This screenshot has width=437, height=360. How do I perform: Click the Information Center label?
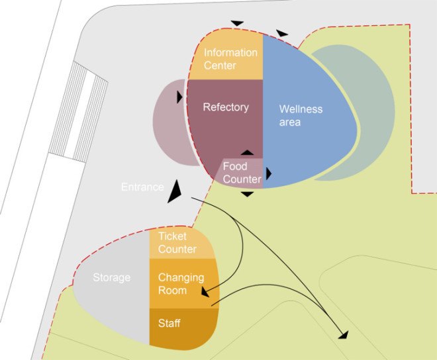click(230, 59)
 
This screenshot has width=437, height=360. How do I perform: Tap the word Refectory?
click(226, 107)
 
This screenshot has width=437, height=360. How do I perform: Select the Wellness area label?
click(301, 115)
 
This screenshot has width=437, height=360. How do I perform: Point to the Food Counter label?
click(242, 173)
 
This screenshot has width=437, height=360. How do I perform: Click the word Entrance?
click(142, 187)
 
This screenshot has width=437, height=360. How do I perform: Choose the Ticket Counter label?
click(177, 242)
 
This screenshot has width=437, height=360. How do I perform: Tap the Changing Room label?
click(181, 284)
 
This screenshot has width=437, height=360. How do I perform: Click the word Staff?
click(169, 323)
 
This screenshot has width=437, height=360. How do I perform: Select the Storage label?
click(111, 277)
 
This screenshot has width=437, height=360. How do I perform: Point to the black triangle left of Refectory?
click(179, 97)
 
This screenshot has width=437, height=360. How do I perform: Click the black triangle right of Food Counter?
click(269, 174)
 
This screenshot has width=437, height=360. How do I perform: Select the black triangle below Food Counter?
click(247, 194)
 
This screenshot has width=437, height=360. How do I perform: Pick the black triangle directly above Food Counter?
click(247, 153)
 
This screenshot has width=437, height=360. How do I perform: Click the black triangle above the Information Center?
click(238, 23)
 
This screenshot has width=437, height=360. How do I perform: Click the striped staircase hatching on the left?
click(78, 111)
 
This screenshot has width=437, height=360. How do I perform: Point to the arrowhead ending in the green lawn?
click(344, 336)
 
